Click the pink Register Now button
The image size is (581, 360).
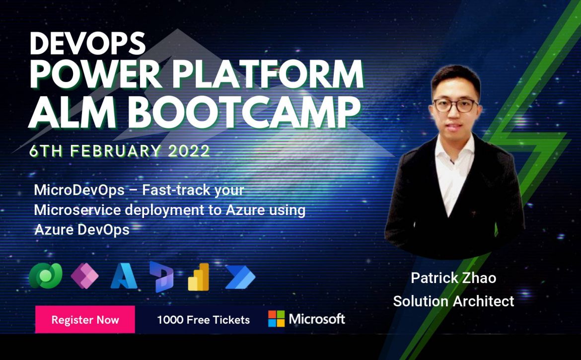(x=85, y=319)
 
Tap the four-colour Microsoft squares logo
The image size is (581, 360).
(x=277, y=319)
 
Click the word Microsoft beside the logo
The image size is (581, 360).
(x=317, y=319)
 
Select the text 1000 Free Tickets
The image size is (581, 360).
(x=204, y=320)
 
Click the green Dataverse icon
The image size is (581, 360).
(x=46, y=276)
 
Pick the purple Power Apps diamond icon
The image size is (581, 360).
(x=84, y=276)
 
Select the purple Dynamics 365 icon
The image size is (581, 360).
(x=161, y=277)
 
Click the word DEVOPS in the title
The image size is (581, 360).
(x=87, y=43)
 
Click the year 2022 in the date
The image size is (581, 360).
(x=189, y=151)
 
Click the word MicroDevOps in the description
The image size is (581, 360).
(x=79, y=190)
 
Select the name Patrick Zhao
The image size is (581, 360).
(x=453, y=278)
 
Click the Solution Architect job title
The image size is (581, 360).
(x=453, y=301)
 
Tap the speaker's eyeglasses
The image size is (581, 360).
(x=455, y=105)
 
